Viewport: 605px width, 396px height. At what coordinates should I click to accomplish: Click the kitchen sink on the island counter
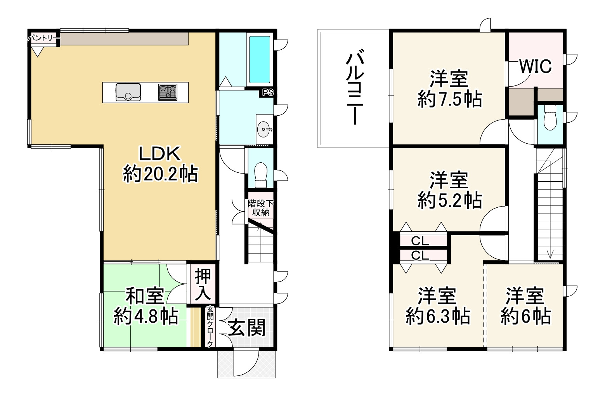point(128,92)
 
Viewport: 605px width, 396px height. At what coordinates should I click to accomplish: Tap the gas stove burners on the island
point(168,92)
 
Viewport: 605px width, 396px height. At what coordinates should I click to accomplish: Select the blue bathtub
point(259,59)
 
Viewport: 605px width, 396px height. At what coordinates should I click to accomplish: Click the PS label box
point(268,93)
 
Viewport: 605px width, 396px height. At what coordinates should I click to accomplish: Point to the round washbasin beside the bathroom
point(265,129)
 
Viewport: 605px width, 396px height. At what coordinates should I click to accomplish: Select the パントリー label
point(43,38)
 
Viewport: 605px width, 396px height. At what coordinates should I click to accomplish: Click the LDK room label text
point(160,155)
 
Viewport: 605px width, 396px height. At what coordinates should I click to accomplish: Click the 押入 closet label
point(203,285)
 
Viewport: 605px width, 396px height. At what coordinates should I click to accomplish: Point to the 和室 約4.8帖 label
point(146,307)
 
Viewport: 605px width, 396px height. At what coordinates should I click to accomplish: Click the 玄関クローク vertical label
point(210,327)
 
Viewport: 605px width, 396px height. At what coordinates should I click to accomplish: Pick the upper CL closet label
point(420,241)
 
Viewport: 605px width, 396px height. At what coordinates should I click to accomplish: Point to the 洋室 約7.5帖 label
point(449,89)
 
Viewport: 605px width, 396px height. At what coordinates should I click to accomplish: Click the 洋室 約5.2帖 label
point(449,190)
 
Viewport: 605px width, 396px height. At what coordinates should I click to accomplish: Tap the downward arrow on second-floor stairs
point(550,254)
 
